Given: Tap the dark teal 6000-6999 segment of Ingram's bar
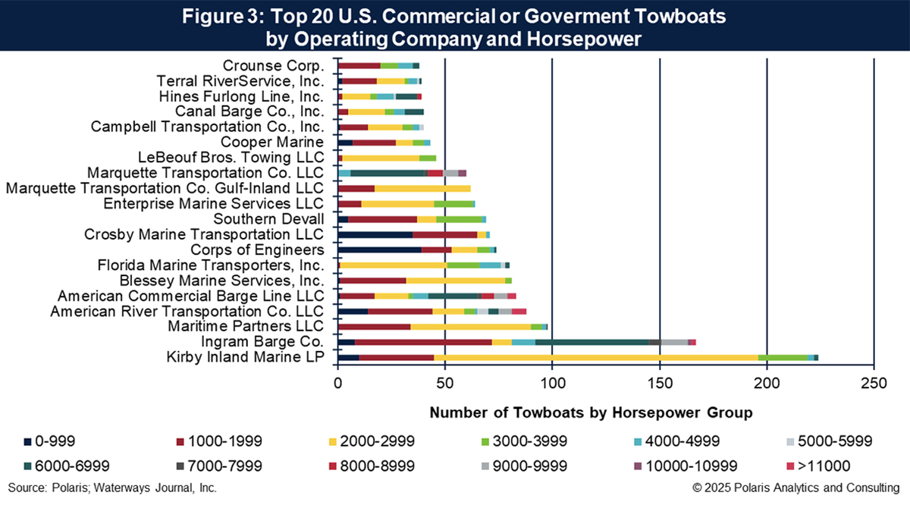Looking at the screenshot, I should coord(591,342).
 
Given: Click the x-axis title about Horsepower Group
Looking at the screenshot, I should coord(591,413).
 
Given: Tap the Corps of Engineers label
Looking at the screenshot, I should coord(268,249).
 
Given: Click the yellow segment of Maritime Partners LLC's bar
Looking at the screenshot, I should coord(470,326).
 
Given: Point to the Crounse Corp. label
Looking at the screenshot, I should coord(273,66).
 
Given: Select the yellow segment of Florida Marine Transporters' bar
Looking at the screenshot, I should coord(394,265).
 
